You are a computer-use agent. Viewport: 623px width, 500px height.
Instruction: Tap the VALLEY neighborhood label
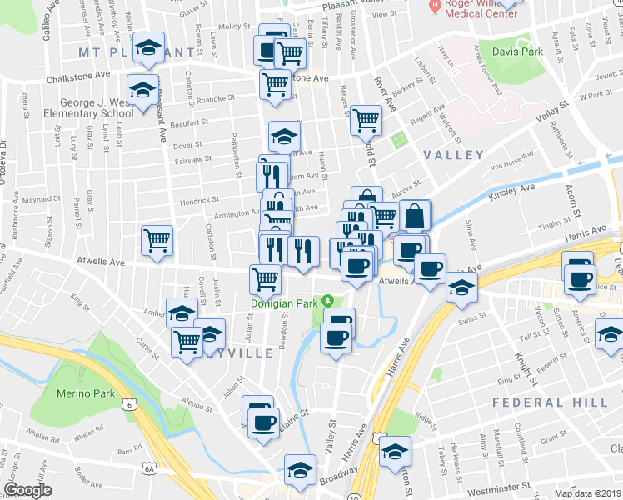coord(452,155)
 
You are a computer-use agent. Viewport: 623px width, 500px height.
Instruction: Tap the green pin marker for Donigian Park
coord(328,301)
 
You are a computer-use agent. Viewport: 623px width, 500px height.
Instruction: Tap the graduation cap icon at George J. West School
coord(142,88)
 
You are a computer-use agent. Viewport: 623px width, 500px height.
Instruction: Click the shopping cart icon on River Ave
coord(366,120)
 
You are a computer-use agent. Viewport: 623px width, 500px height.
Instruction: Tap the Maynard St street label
coord(37,200)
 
